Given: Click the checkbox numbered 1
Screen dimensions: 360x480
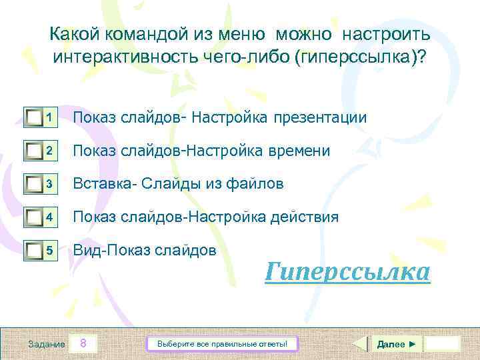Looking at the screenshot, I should pyautogui.click(x=34, y=118).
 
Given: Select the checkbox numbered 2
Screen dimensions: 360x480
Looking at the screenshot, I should pyautogui.click(x=34, y=151).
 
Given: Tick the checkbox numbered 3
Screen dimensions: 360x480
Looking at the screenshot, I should pyautogui.click(x=34, y=184).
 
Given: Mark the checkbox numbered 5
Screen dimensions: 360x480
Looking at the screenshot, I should pyautogui.click(x=34, y=251).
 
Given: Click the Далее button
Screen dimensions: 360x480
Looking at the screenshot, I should pyautogui.click(x=396, y=344).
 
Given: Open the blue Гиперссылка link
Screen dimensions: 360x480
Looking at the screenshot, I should pyautogui.click(x=347, y=272).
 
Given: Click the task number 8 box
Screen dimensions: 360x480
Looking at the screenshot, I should pyautogui.click(x=83, y=344).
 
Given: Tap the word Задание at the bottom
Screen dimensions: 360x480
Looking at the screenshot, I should pyautogui.click(x=47, y=344).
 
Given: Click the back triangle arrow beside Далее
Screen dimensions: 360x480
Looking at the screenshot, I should pyautogui.click(x=359, y=344).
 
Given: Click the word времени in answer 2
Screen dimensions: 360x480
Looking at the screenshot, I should pyautogui.click(x=298, y=151).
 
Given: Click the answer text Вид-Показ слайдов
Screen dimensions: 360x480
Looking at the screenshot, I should pyautogui.click(x=144, y=251).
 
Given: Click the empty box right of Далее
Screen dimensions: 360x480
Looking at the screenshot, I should pyautogui.click(x=443, y=344).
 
